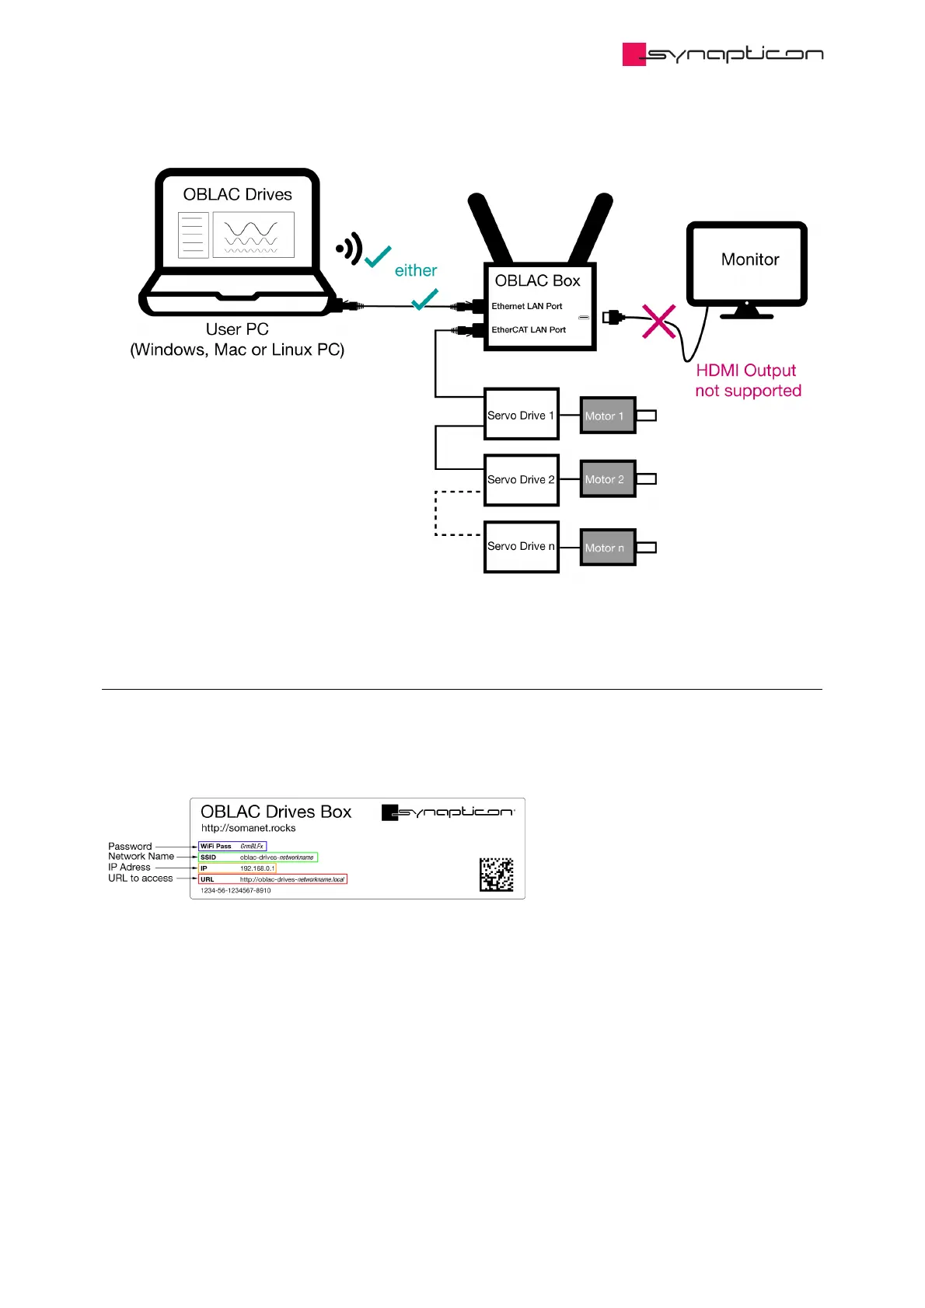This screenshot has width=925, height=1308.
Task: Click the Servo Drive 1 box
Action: click(521, 414)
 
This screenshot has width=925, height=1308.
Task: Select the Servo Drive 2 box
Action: click(521, 480)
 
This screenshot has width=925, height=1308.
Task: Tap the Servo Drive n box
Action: click(521, 547)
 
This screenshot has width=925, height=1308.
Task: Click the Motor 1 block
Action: click(608, 416)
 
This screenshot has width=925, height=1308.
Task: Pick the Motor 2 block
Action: click(608, 479)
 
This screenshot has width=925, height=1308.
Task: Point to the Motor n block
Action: click(608, 548)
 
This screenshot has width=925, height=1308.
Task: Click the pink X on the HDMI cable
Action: click(658, 321)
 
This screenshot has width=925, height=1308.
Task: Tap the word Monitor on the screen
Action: click(749, 259)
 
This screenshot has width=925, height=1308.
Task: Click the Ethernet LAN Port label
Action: click(526, 306)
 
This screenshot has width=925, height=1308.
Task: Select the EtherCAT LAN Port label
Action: click(529, 329)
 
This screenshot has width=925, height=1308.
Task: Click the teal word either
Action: click(416, 270)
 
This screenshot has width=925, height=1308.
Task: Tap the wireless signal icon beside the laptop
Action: click(349, 249)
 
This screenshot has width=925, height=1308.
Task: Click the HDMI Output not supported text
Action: click(747, 381)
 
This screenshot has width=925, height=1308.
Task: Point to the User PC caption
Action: click(237, 329)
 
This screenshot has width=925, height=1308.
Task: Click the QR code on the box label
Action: click(496, 875)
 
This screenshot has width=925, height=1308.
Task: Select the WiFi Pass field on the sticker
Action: click(232, 846)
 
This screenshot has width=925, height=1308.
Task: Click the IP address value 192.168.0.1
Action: click(257, 868)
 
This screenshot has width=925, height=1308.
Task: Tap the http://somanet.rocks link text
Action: click(248, 828)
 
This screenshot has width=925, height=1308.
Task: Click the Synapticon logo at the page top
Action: click(722, 54)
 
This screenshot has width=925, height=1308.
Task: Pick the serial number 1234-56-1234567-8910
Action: click(236, 891)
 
